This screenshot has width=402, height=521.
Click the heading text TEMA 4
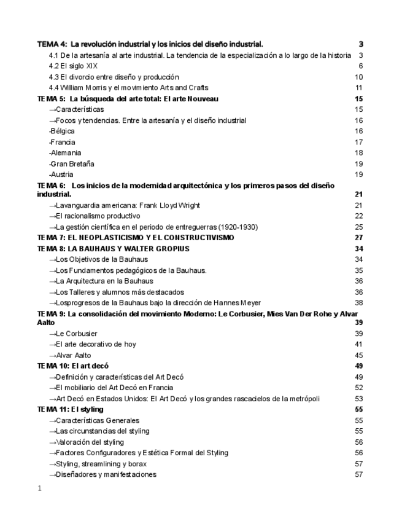tap(52, 44)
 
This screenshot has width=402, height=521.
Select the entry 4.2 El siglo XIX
tap(73, 66)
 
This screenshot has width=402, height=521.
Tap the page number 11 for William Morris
tap(359, 88)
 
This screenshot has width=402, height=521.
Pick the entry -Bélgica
tap(64, 131)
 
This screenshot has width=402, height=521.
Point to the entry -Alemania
tap(66, 153)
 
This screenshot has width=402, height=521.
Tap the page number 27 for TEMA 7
tap(359, 238)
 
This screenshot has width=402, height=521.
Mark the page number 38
tap(359, 302)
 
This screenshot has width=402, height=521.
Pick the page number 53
tap(359, 398)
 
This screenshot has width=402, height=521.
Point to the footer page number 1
tap(39, 489)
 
